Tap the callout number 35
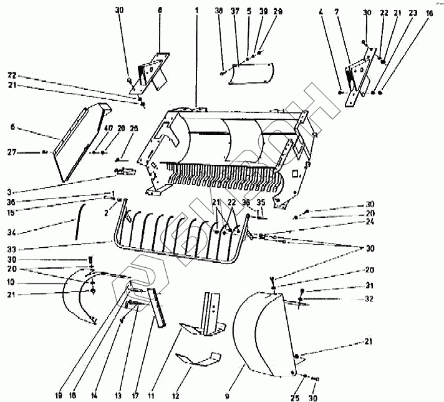[261, 202]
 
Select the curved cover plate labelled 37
[253, 74]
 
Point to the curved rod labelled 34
[79, 222]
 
